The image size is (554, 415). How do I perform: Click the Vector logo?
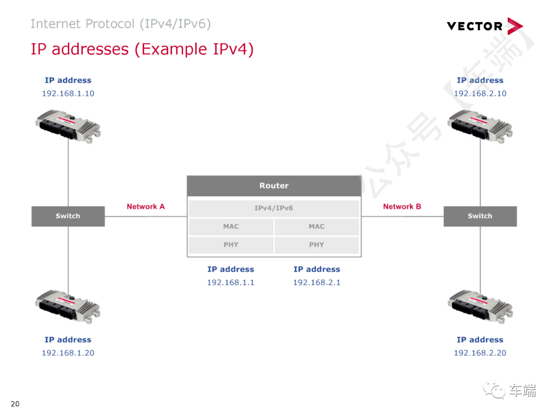[x=484, y=26]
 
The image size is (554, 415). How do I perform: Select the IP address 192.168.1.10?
[x=68, y=94]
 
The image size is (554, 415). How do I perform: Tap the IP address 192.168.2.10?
[x=480, y=94]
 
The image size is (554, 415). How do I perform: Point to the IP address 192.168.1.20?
[x=68, y=353]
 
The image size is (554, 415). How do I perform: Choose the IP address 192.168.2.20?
[x=480, y=353]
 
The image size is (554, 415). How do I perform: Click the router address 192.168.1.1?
[x=230, y=283]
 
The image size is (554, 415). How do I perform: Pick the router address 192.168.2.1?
[x=316, y=283]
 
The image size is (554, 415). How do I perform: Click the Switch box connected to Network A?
[x=68, y=216]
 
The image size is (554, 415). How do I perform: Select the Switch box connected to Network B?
[x=480, y=216]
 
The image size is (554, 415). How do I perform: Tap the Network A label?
[x=146, y=206]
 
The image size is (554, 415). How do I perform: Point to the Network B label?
[x=402, y=206]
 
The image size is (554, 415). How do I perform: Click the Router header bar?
[x=274, y=186]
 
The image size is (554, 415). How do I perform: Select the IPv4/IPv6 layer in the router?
[x=274, y=209]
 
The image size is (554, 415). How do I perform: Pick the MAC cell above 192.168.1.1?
[x=231, y=226]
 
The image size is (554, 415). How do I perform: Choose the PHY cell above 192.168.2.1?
[x=316, y=245]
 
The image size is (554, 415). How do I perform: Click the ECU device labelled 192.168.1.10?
[x=68, y=125]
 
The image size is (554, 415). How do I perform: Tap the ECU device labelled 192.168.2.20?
[x=480, y=306]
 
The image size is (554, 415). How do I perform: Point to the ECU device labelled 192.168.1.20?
[x=68, y=306]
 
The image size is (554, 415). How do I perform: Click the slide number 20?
[x=15, y=404]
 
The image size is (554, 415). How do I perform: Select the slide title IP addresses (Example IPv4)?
[x=142, y=49]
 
